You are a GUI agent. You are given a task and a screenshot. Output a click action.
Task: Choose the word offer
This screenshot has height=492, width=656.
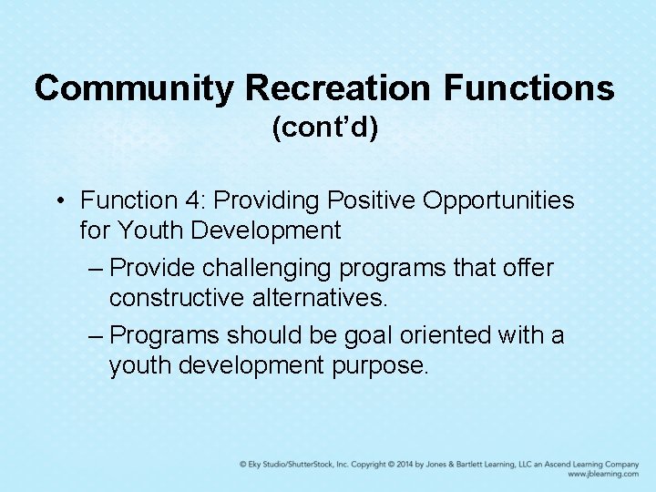526,268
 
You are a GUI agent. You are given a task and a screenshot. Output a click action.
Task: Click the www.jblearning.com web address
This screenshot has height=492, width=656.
602,474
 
